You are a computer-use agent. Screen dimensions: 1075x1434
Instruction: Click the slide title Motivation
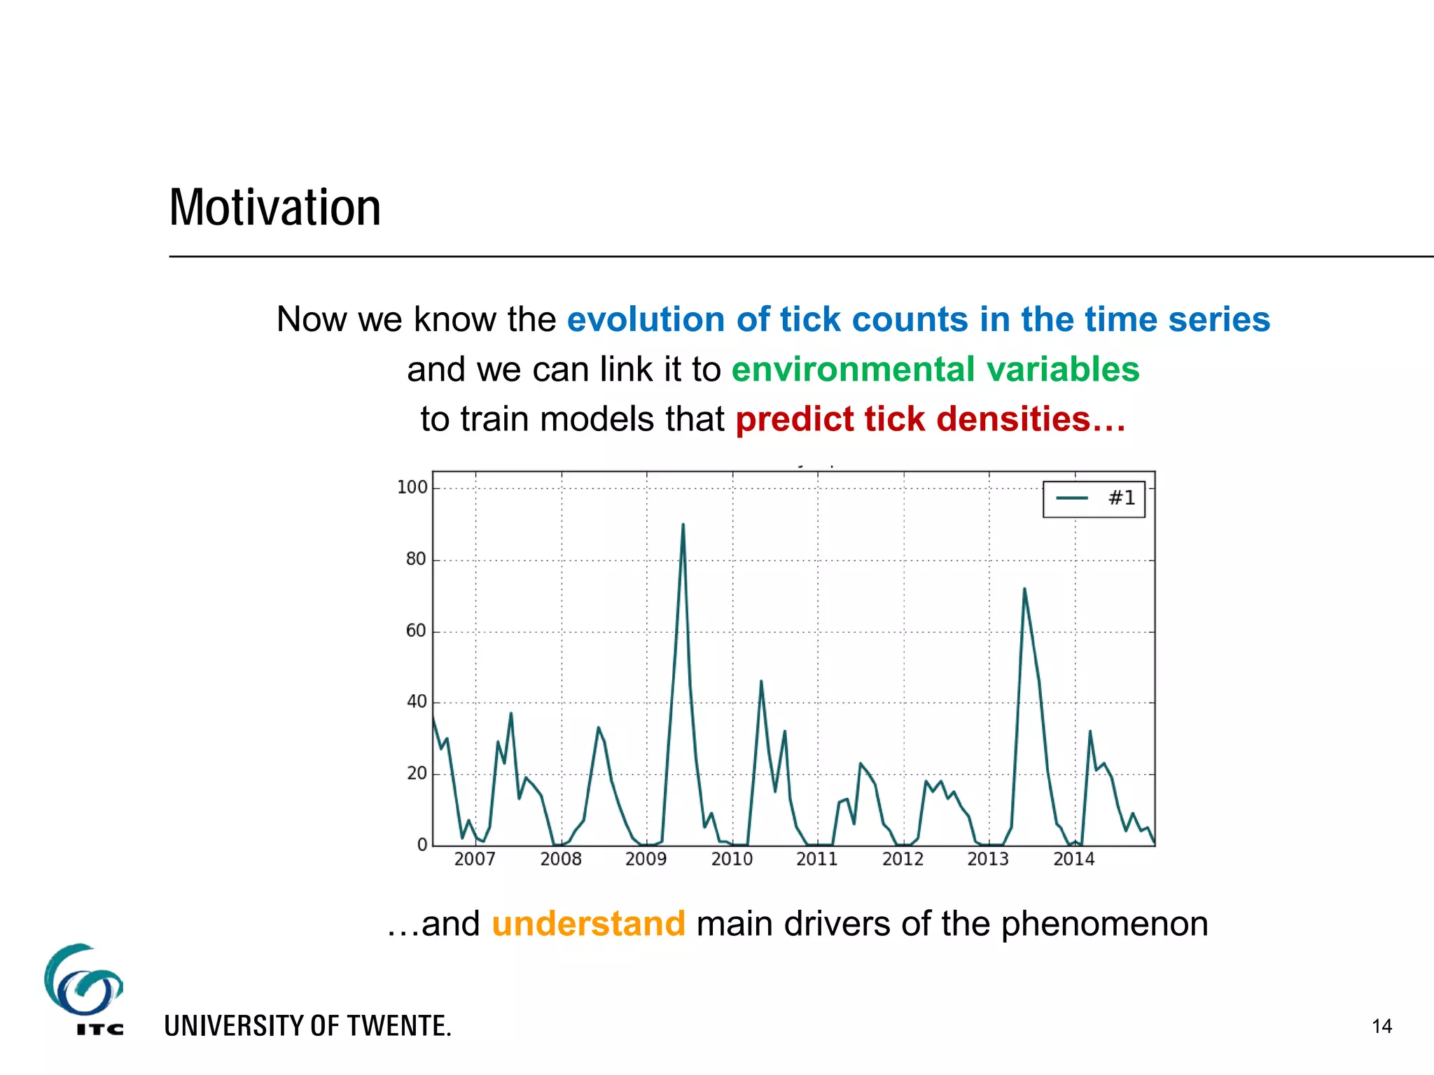click(x=275, y=208)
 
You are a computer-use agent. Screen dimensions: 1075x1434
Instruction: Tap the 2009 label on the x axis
click(x=646, y=859)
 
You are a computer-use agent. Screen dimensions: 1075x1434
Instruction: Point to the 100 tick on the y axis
click(x=412, y=487)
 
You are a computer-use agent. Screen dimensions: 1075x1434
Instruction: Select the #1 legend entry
click(x=1094, y=498)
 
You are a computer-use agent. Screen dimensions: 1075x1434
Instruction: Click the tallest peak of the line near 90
click(x=683, y=525)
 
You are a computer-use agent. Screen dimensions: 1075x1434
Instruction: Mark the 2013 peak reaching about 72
click(x=1024, y=589)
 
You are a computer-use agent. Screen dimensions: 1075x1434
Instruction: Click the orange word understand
click(x=588, y=923)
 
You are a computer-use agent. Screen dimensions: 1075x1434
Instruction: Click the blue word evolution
click(x=646, y=319)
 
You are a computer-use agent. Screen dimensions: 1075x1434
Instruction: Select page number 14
click(x=1381, y=1026)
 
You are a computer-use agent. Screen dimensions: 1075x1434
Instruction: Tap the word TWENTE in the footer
click(x=398, y=1026)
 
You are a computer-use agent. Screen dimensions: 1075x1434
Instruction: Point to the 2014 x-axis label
click(x=1073, y=859)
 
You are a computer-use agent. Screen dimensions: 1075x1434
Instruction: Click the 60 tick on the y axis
click(x=416, y=631)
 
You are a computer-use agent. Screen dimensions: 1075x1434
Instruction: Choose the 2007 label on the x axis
click(x=475, y=859)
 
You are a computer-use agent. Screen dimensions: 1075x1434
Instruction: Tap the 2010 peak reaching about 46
click(x=761, y=682)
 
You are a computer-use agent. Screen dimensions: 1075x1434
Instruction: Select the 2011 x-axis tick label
click(x=816, y=859)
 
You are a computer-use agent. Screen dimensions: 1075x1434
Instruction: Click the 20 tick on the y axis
click(x=416, y=773)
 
